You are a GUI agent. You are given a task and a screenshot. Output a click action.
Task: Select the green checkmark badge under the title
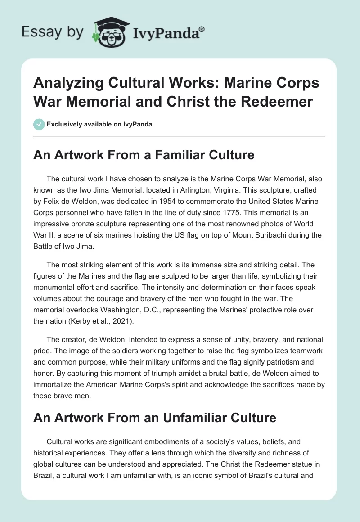(39, 124)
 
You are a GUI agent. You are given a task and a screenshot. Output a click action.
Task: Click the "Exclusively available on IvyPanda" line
(99, 124)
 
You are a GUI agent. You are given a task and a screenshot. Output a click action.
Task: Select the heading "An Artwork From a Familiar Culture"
(144, 155)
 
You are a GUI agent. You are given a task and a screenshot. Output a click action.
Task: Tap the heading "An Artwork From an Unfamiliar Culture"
(155, 418)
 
